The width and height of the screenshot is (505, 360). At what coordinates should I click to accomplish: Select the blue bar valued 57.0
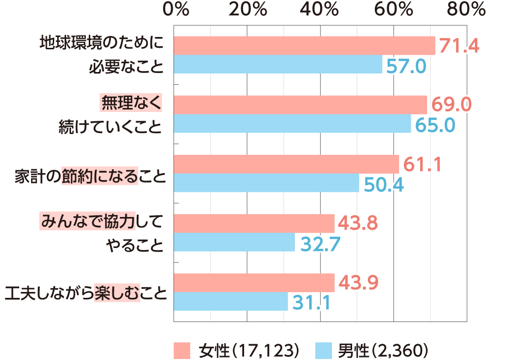278,65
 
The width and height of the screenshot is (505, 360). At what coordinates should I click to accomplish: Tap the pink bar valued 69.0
300,105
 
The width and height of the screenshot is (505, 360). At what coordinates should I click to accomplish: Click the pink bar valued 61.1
287,164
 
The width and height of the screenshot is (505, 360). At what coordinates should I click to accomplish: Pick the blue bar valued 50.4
266,183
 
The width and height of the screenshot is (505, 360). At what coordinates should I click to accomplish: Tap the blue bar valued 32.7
234,242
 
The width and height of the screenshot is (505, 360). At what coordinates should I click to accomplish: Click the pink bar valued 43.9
254,283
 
